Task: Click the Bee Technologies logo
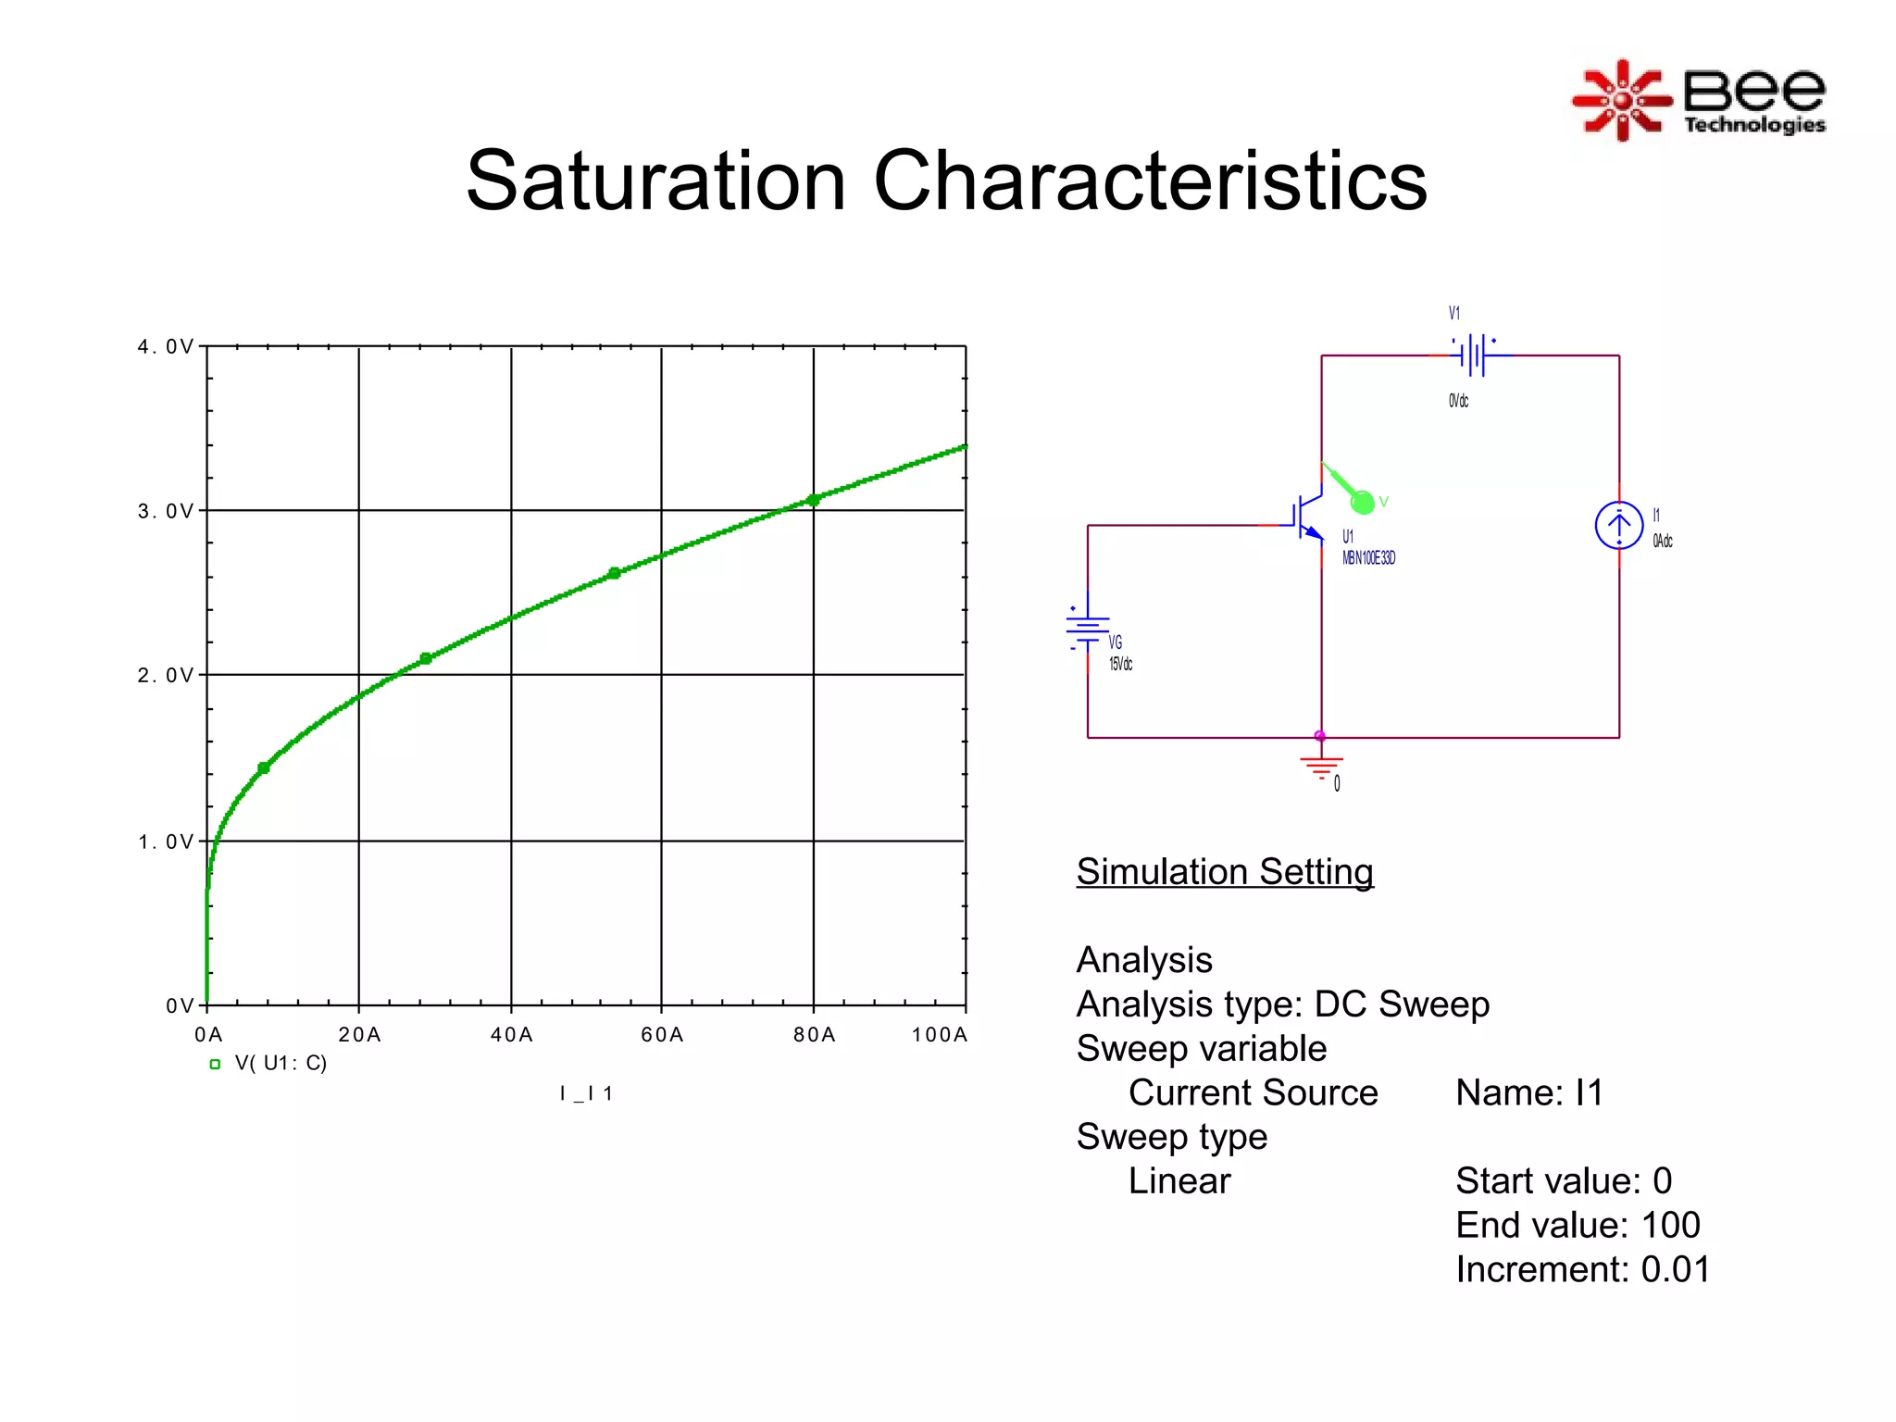(x=1699, y=100)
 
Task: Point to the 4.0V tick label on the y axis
(x=166, y=347)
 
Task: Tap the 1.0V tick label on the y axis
(x=166, y=842)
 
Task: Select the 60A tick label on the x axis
(x=662, y=1035)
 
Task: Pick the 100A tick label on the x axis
(x=939, y=1035)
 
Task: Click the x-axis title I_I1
(x=586, y=1093)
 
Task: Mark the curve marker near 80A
(x=813, y=500)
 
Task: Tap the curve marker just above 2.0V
(x=426, y=658)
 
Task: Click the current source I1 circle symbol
(x=1618, y=526)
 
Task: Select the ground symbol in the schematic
(x=1321, y=767)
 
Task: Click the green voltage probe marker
(x=1362, y=502)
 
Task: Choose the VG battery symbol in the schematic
(x=1087, y=629)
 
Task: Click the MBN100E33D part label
(x=1368, y=558)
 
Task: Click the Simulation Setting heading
(x=1224, y=872)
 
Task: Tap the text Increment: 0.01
(x=1582, y=1269)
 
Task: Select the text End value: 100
(x=1578, y=1225)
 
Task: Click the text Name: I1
(x=1528, y=1092)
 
